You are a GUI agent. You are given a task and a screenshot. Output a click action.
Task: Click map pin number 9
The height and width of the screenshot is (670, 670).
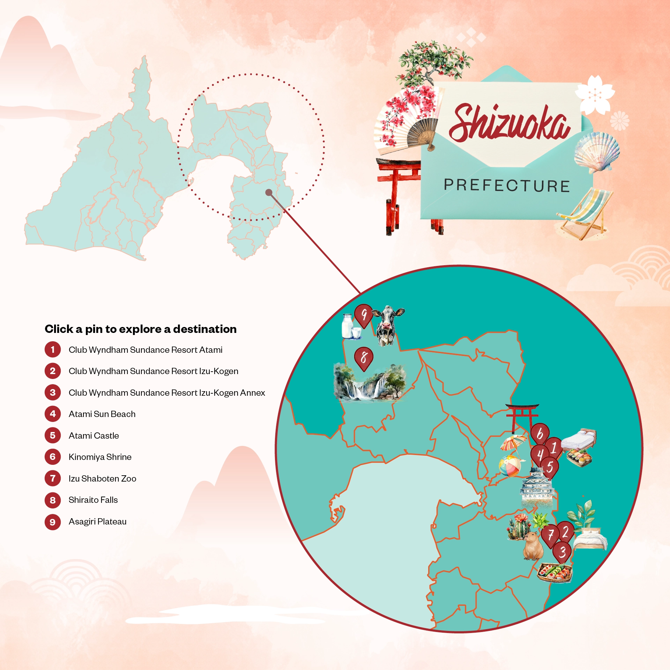click(x=364, y=315)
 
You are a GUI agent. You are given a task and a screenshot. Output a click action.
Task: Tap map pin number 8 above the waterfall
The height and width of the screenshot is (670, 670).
click(x=364, y=358)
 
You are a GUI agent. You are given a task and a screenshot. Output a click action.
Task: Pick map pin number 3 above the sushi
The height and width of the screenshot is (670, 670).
click(x=562, y=552)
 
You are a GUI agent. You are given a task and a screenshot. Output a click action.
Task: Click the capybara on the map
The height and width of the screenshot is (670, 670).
click(x=533, y=546)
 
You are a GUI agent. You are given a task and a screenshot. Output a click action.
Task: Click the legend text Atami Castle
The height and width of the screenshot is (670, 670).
click(x=94, y=435)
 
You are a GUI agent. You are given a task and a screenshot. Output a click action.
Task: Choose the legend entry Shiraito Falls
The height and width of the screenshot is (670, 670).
click(x=93, y=500)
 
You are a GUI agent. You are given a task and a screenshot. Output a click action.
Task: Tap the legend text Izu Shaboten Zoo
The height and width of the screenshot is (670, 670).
click(x=102, y=478)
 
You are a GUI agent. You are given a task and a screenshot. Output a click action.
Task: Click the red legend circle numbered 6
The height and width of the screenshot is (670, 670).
click(x=53, y=457)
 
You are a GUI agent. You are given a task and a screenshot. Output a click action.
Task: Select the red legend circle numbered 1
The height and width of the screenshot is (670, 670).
click(x=53, y=350)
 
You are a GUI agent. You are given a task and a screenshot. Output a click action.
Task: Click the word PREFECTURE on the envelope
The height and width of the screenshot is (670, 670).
click(x=507, y=185)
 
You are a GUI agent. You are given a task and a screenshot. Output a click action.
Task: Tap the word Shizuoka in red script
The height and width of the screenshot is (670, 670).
click(x=509, y=123)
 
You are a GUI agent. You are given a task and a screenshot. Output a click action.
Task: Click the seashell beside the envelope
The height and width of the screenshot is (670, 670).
click(x=597, y=152)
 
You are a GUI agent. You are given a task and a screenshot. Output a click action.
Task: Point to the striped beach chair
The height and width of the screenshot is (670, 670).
click(x=586, y=213)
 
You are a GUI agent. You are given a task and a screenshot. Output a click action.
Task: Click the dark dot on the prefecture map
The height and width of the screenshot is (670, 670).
click(x=269, y=192)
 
